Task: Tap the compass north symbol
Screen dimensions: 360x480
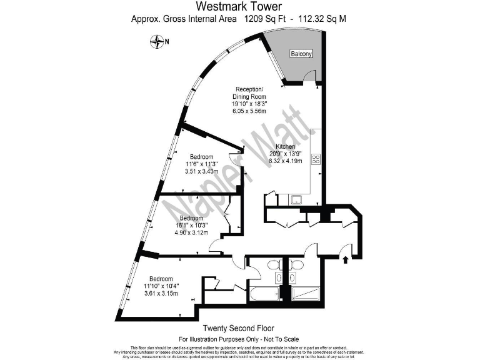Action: point(157,42)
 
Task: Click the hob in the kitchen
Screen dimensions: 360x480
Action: point(316,159)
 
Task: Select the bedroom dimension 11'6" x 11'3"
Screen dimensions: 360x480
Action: point(202,164)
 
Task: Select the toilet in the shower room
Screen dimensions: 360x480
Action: point(296,264)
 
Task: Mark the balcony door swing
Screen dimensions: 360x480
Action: point(308,77)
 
